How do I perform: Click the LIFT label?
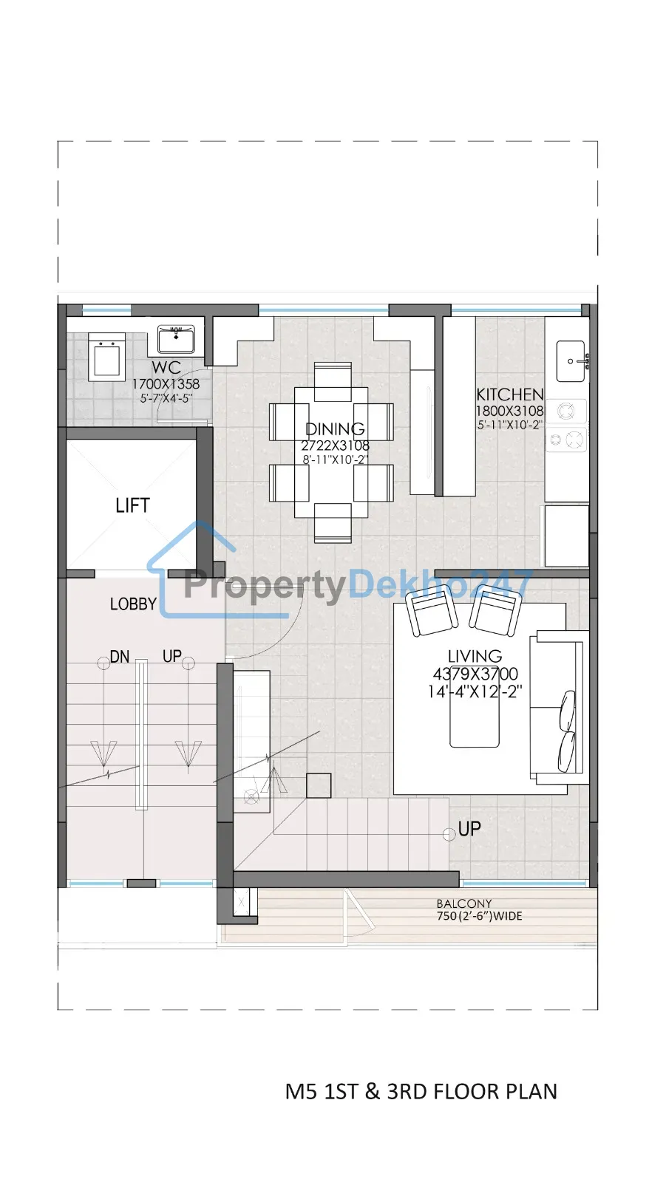tap(132, 505)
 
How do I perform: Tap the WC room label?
tap(166, 367)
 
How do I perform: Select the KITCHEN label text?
tap(510, 394)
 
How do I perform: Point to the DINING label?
tap(335, 428)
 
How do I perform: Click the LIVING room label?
tap(475, 656)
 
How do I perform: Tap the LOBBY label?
tap(133, 604)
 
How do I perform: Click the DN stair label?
tap(120, 657)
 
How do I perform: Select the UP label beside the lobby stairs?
tap(172, 656)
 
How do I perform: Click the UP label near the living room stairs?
tap(469, 829)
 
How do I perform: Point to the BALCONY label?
tap(464, 903)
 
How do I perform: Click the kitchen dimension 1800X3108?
tap(510, 411)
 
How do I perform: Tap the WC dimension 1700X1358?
tap(166, 384)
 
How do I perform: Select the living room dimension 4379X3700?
tap(475, 674)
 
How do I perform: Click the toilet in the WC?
tap(106, 357)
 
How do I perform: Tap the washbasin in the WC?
tap(176, 339)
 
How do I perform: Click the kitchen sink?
tap(571, 361)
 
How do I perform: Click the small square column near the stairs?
tap(319, 785)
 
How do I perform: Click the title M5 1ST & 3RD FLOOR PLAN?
tap(421, 1091)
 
